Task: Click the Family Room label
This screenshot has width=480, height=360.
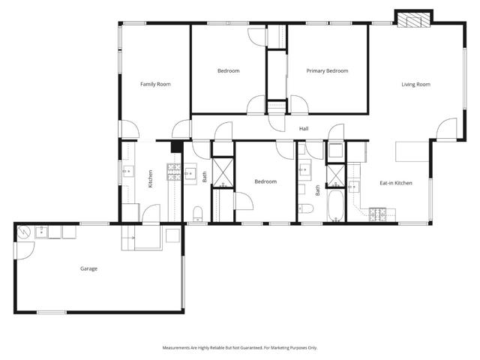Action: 155,84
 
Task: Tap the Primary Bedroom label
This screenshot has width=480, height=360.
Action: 328,70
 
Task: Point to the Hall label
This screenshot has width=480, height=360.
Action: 304,129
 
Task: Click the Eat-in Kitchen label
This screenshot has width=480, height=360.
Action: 395,183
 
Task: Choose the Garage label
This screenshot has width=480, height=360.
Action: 89,268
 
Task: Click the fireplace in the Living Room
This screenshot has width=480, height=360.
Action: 414,19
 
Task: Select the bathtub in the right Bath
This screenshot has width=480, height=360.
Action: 335,205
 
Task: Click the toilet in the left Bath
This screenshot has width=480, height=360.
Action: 198,211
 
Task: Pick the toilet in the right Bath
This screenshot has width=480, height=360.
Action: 305,208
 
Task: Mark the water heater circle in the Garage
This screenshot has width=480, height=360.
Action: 23,233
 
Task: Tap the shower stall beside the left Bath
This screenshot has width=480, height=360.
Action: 223,172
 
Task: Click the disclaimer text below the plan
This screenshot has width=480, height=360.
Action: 240,347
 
